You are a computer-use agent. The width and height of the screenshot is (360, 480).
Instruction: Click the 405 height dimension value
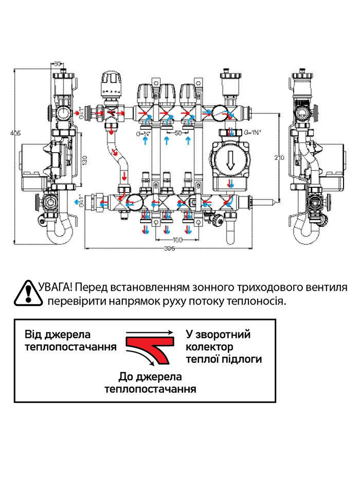pyautogui.click(x=15, y=133)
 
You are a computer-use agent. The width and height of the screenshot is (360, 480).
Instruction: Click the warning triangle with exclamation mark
pyautogui.click(x=26, y=293)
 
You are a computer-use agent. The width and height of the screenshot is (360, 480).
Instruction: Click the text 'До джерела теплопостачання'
pyautogui.click(x=150, y=382)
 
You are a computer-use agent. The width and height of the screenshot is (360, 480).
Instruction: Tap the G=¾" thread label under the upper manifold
pyautogui.click(x=145, y=133)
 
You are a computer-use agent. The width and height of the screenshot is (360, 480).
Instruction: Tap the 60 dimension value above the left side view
pyautogui.click(x=58, y=64)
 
